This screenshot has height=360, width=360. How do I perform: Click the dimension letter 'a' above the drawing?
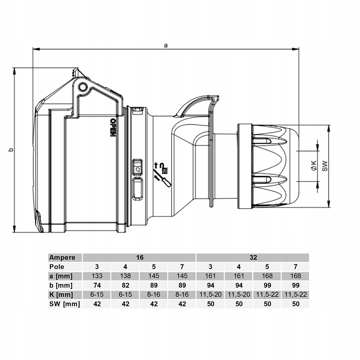(166, 45)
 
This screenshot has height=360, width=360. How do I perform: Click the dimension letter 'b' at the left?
(10, 150)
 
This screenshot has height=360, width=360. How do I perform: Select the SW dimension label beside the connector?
(325, 166)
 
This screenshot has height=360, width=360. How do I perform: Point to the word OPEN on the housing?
(113, 128)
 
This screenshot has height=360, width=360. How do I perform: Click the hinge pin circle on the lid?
(83, 87)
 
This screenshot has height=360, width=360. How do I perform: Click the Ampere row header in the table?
(62, 258)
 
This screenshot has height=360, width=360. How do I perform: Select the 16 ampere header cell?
(140, 257)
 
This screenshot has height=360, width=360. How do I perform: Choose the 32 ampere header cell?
(253, 257)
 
